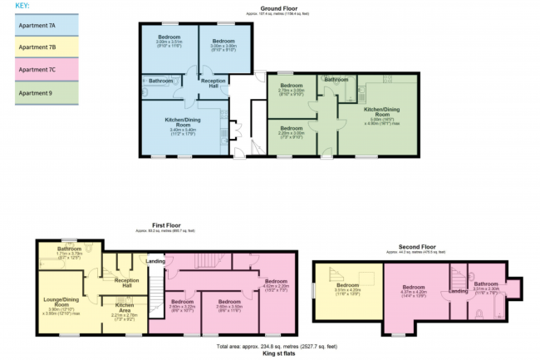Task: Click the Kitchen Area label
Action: point(115,308)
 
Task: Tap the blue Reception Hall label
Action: point(213,84)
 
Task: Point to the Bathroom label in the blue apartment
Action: point(160,81)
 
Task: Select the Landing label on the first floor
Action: point(155,261)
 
